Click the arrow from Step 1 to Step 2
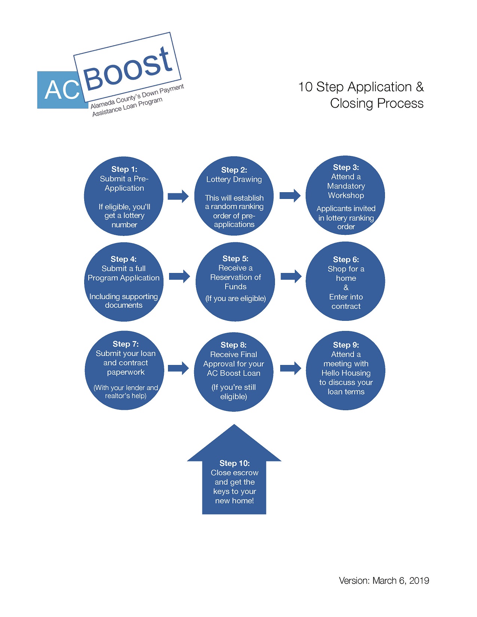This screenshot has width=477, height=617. (178, 196)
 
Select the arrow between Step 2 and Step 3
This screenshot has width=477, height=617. (290, 195)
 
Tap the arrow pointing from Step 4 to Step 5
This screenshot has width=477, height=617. (180, 276)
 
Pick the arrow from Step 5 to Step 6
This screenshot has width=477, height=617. (291, 276)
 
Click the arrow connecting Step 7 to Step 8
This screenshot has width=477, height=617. (178, 368)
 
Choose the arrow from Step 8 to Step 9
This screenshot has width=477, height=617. (291, 368)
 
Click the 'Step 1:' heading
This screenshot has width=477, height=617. (124, 169)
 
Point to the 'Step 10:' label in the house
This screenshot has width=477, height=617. (235, 463)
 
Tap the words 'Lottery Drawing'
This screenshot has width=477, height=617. (234, 179)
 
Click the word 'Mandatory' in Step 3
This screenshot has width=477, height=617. (346, 186)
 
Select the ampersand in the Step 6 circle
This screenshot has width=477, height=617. (346, 288)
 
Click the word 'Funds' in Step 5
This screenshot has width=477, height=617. (236, 286)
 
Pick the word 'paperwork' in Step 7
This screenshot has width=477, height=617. (126, 372)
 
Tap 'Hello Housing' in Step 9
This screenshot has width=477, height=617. (346, 373)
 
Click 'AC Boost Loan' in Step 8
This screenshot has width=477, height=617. (233, 373)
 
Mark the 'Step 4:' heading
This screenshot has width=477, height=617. (123, 259)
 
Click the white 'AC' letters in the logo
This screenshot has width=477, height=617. (62, 90)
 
